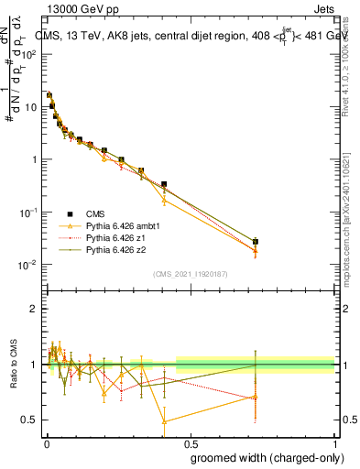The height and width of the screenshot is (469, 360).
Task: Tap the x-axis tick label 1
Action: coord(335,443)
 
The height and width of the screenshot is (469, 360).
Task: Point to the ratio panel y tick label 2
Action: coord(34,309)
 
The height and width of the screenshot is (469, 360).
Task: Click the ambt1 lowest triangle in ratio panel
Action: coord(164,421)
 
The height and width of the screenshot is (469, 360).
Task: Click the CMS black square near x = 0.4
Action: coord(164,184)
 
